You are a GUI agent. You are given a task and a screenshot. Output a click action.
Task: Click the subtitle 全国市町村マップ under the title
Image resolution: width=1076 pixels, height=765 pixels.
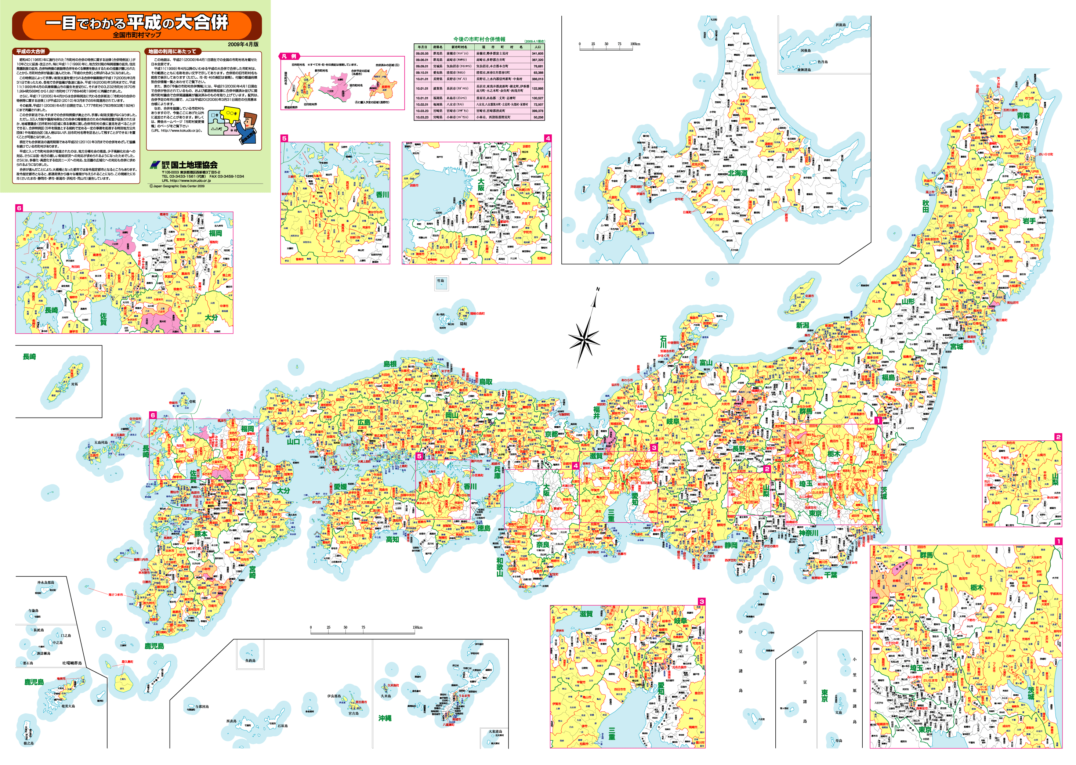coord(137,35)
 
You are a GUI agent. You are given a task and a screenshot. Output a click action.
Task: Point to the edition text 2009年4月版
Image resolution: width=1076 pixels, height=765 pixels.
coord(243,44)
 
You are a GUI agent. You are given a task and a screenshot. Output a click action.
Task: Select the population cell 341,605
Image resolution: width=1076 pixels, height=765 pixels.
coord(537,54)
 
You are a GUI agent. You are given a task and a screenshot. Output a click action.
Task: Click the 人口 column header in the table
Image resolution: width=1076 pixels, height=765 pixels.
coord(537,47)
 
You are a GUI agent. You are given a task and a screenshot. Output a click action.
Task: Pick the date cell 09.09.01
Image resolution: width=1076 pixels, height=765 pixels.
coord(422,66)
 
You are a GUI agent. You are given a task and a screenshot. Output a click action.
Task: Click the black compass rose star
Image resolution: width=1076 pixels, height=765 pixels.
coord(584,338)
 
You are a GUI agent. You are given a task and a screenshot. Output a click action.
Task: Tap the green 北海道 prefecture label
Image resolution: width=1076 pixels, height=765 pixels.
coord(738,173)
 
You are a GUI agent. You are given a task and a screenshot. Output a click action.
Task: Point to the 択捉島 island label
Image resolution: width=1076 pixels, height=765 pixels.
coord(841,25)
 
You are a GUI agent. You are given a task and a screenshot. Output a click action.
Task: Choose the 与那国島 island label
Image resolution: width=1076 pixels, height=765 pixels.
coord(201,707)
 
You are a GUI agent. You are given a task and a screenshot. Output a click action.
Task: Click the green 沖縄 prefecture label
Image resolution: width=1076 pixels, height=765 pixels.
coord(385,718)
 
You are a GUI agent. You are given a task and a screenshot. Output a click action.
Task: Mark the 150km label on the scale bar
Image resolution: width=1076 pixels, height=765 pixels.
coord(417,627)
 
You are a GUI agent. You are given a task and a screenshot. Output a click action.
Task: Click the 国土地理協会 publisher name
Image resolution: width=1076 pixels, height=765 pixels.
coord(194,165)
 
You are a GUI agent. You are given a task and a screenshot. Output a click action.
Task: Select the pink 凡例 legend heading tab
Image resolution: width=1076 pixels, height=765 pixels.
coord(288,57)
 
